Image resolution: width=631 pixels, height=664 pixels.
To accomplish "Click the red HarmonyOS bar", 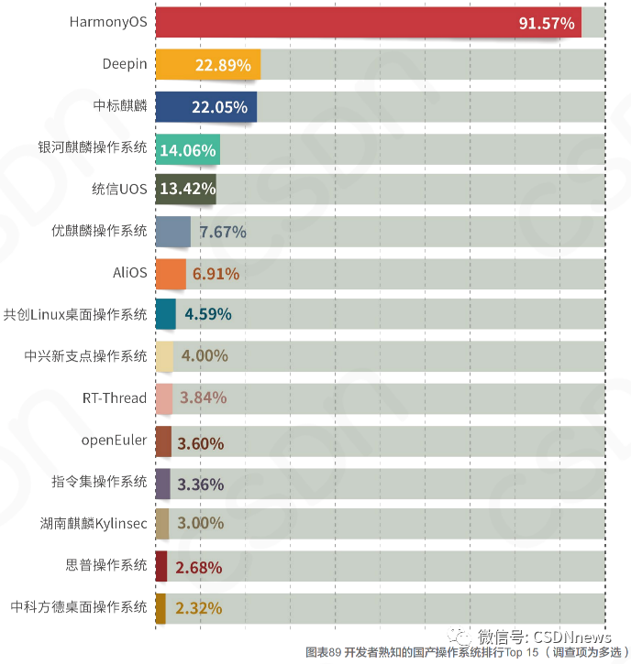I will [367, 22].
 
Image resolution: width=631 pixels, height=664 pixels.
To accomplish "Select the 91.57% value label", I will [547, 23].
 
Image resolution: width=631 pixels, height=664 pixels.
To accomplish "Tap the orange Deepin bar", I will [208, 64].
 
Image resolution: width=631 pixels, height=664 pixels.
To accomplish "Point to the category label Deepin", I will [125, 64].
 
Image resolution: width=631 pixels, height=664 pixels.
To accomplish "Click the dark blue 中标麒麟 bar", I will [205, 106].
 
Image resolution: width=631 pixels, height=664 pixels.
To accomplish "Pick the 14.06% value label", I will [187, 149].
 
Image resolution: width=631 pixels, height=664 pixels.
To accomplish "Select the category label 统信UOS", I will [119, 190].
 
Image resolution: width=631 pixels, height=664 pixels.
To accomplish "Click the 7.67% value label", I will [223, 232].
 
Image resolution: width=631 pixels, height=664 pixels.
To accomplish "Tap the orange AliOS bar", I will [171, 273].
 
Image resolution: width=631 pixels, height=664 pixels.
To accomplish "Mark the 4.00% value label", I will [205, 356].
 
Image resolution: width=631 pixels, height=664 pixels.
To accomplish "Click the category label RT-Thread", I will [115, 397].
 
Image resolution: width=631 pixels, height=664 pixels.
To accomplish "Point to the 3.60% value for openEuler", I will [200, 443].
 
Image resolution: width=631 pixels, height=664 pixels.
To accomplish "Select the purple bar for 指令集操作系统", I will [162, 483].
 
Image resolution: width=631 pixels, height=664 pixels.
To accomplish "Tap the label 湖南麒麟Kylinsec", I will [93, 524].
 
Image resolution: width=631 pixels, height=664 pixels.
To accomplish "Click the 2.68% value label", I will [199, 568].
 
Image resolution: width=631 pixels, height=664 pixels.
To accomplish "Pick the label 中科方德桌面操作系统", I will [79, 607].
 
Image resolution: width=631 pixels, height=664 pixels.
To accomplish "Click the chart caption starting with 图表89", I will [465, 653].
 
